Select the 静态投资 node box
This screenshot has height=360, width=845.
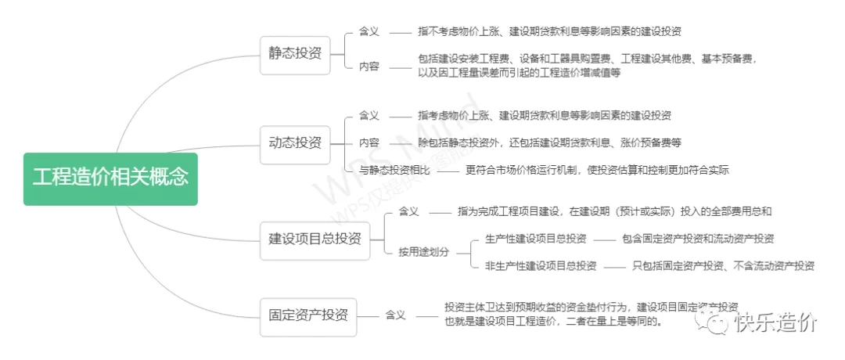pyautogui.click(x=294, y=53)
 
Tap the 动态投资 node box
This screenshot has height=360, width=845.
pyautogui.click(x=294, y=142)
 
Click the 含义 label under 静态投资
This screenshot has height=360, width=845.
pyautogui.click(x=369, y=32)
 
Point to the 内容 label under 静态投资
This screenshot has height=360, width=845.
pyautogui.click(x=369, y=67)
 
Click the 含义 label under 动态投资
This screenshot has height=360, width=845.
pyautogui.click(x=369, y=116)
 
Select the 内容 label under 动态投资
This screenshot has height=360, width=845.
pyautogui.click(x=369, y=142)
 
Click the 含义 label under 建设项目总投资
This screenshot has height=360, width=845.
pyautogui.click(x=408, y=212)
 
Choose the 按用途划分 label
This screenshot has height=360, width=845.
pyautogui.click(x=424, y=252)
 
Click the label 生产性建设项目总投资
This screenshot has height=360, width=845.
pyautogui.click(x=536, y=239)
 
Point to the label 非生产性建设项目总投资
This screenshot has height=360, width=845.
pyautogui.click(x=541, y=265)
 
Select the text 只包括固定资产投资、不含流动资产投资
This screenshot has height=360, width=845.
pyautogui.click(x=723, y=265)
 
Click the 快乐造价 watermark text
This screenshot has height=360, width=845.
pyautogui.click(x=775, y=322)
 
